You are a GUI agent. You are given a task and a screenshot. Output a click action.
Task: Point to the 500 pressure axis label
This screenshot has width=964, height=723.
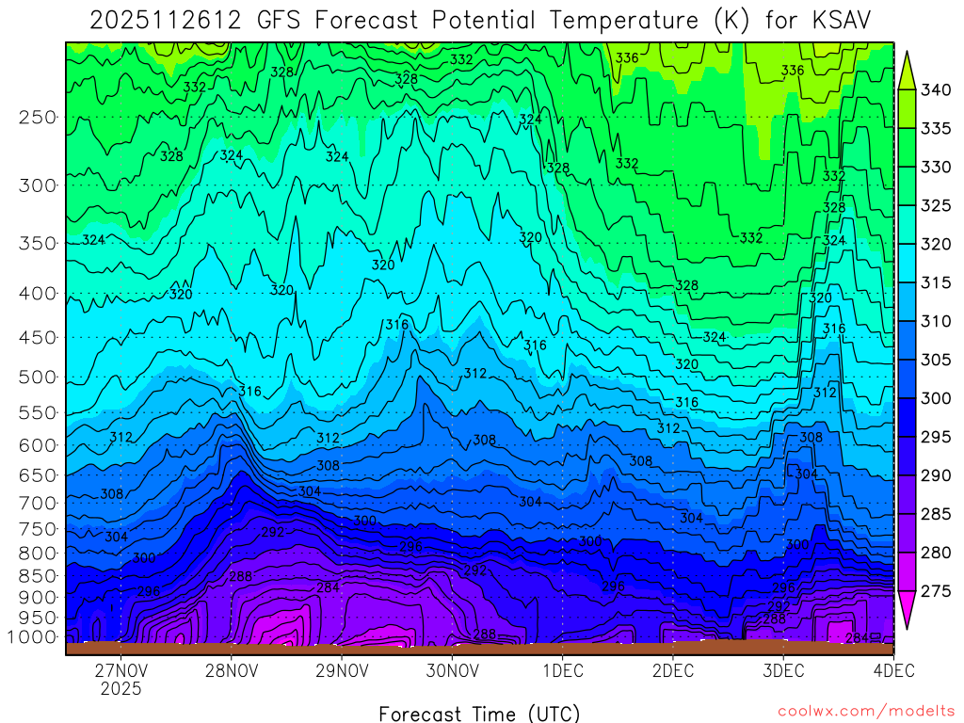[38, 378]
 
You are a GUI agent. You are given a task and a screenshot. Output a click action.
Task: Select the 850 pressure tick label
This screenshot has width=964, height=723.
[38, 574]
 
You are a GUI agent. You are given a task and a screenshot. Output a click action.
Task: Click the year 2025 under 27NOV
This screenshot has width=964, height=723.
[120, 689]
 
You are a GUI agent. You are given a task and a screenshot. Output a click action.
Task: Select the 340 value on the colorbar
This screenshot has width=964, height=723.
[936, 90]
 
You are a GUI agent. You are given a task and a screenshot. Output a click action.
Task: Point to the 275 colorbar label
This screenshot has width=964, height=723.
[936, 591]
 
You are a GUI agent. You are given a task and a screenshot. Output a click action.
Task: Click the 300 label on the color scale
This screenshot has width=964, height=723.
[936, 398]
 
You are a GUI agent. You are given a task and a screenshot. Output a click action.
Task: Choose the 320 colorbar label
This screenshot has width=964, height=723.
[936, 244]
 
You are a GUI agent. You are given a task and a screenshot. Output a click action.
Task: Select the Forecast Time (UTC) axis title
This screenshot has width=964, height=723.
[479, 713]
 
